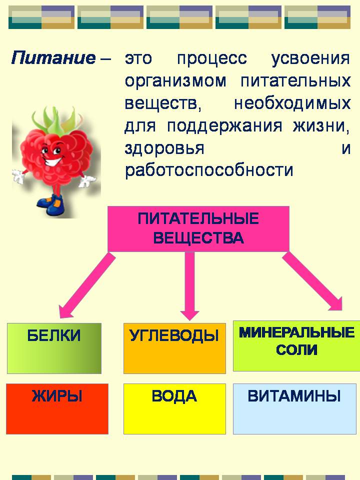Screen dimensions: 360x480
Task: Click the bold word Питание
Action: point(53,57)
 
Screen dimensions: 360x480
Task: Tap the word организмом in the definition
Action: point(175,81)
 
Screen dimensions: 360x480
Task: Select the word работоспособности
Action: point(209,170)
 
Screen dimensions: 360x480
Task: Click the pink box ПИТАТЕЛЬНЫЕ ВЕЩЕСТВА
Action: point(198,228)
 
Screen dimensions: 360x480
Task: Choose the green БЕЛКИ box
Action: point(54,348)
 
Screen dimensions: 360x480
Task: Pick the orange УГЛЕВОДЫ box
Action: point(174,348)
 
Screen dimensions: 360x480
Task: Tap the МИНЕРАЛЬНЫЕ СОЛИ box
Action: point(296,346)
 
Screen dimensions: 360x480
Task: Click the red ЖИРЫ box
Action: point(57,408)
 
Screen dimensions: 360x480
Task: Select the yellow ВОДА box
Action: point(174,408)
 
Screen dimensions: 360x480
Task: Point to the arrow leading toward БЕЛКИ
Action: point(87,284)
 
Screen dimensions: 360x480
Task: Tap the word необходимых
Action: point(292,104)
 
